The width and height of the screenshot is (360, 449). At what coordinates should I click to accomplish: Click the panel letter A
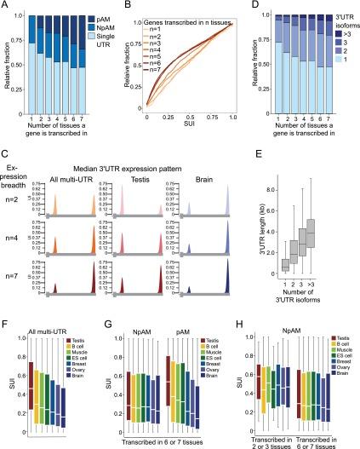6,7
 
